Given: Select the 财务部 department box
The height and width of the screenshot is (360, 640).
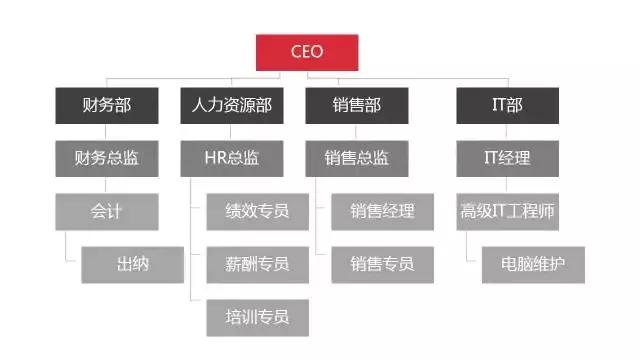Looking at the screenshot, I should [106, 105].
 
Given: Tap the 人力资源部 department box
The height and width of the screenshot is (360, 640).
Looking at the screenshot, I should [232, 105].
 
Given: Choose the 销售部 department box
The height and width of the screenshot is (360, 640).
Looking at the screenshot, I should [357, 105].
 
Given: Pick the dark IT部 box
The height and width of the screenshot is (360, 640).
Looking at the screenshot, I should [507, 105].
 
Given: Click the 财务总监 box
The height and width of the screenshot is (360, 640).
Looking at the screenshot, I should [106, 158].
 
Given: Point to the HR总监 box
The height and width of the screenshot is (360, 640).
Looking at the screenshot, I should [232, 158].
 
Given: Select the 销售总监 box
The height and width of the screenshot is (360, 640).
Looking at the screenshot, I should [357, 158].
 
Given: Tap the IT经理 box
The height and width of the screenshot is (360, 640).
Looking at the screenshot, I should [507, 158].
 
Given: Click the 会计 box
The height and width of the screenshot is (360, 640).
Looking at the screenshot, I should [106, 211].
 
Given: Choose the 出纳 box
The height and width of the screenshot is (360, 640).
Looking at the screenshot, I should [133, 264].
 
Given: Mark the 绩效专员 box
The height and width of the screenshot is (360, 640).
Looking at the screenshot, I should [258, 211].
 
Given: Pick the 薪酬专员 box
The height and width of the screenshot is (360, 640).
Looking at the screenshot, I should [258, 264].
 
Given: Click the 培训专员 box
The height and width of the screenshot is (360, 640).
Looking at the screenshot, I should [258, 317].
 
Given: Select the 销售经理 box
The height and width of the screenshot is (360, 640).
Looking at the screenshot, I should [383, 211].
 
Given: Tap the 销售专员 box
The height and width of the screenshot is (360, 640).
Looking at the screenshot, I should [383, 264].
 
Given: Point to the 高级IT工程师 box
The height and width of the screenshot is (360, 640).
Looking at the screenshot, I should [507, 211].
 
